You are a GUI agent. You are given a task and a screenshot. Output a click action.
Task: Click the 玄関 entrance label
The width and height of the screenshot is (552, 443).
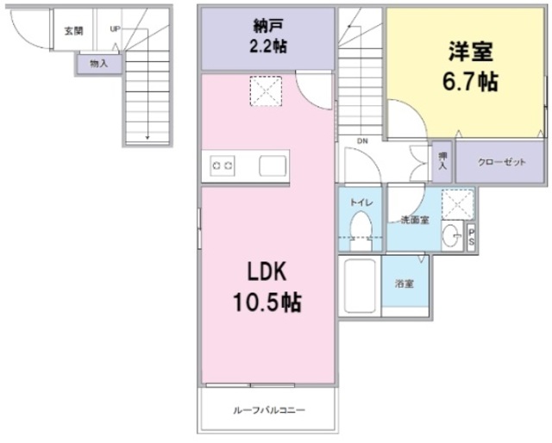[x=73, y=32]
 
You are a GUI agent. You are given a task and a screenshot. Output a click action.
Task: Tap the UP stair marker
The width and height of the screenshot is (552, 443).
[x=115, y=29]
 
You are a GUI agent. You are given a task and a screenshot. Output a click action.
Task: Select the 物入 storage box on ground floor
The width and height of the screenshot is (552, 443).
[x=99, y=63]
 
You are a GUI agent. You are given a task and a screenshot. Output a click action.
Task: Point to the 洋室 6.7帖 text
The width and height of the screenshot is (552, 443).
[x=470, y=67]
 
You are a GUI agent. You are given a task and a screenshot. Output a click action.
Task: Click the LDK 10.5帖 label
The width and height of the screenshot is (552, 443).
[x=267, y=288]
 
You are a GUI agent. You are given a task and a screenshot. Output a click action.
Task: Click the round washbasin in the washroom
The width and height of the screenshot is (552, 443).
[x=450, y=234]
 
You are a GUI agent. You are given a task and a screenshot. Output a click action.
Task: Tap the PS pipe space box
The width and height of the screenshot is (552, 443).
[x=471, y=237]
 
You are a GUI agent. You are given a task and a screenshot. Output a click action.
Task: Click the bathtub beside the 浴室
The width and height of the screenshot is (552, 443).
[x=360, y=285]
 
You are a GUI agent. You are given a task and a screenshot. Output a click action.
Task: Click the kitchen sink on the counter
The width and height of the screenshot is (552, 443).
[x=273, y=165]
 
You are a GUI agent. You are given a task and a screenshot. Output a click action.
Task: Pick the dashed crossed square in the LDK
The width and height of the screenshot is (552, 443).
[x=267, y=91]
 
